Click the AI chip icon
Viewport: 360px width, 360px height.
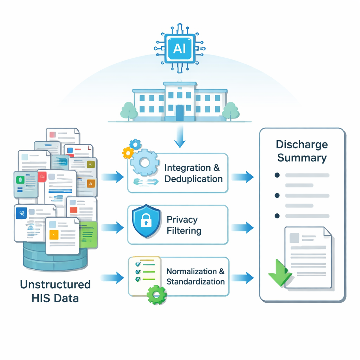(x=180, y=48)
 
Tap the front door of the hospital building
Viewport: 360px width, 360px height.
(x=180, y=113)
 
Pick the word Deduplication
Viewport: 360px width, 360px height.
(x=193, y=179)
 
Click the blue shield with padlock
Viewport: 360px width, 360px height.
(x=146, y=221)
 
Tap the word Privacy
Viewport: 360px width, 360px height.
(x=182, y=220)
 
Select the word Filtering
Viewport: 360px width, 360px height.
(x=184, y=231)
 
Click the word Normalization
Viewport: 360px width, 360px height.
(x=192, y=271)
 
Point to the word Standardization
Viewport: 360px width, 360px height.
(x=195, y=282)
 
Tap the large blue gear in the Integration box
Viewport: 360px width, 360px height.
(x=144, y=162)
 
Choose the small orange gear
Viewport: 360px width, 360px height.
(x=128, y=153)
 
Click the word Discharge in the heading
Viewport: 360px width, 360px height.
(x=302, y=144)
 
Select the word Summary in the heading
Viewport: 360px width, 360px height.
(x=302, y=157)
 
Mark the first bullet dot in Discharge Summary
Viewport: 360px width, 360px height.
(x=277, y=175)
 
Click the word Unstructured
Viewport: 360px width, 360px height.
(x=55, y=284)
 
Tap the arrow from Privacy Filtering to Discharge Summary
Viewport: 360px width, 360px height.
(x=243, y=227)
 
